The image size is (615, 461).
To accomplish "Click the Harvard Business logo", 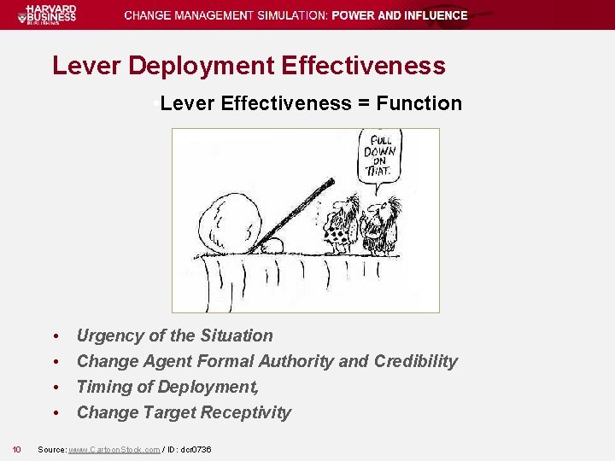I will tap(51, 15).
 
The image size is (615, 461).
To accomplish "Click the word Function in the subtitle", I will tap(419, 104).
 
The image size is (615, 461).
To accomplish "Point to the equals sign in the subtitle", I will tap(364, 104).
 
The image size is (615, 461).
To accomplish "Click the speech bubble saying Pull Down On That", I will tap(378, 155).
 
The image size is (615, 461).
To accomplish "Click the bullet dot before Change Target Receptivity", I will tap(55, 413).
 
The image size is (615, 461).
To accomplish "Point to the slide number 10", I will tap(16, 449).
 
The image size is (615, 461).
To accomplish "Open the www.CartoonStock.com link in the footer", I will tap(114, 449).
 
